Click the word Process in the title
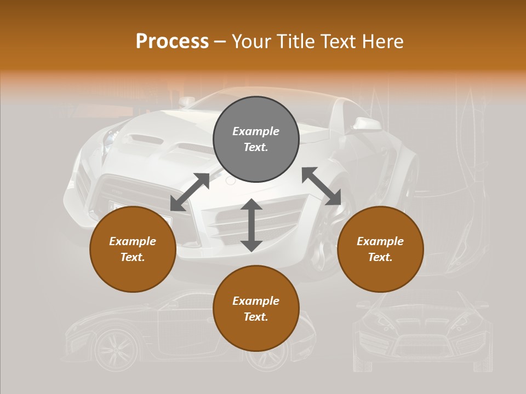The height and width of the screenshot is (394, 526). (172, 42)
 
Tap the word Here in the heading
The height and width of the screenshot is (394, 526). (383, 42)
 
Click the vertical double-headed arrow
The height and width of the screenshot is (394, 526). (251, 225)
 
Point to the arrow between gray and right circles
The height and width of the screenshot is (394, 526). (321, 186)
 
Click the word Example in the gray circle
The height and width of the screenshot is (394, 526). (256, 131)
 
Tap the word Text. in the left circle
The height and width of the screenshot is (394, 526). (133, 257)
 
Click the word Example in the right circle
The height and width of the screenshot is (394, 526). (380, 241)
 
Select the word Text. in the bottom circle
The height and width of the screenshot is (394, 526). (256, 317)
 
